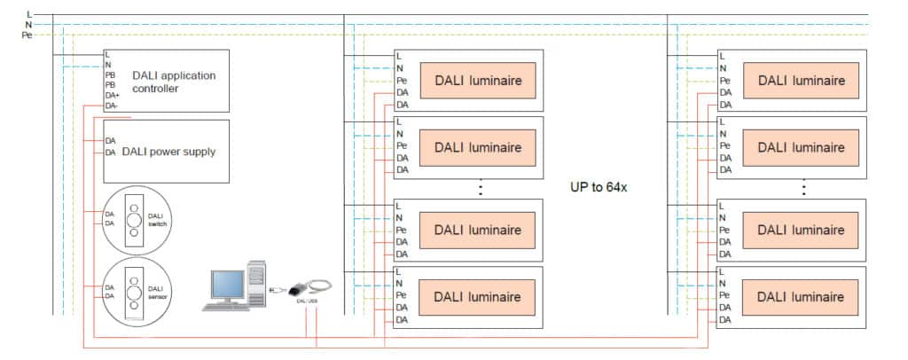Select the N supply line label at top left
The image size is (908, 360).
point(30,25)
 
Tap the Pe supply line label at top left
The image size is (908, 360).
point(27,35)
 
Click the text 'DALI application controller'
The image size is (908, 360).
point(173,82)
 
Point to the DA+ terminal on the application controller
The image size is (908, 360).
point(112,96)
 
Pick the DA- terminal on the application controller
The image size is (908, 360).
point(112,106)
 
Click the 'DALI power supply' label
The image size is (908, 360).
point(168,152)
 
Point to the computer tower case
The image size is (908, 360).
point(256,284)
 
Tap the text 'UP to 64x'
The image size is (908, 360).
point(599,188)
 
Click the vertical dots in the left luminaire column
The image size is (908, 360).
point(480,189)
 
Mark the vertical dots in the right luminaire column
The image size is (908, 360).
point(802,189)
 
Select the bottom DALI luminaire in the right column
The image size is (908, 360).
point(801,296)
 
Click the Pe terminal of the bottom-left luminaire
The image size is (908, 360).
point(402,294)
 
